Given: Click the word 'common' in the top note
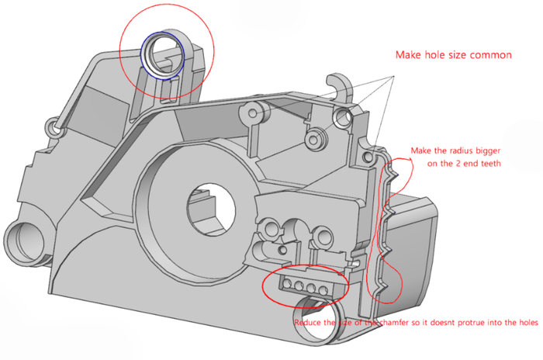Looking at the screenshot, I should [x=490, y=55].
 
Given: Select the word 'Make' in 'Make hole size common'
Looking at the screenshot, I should [x=409, y=55].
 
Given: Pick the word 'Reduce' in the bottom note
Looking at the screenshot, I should [x=308, y=322].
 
